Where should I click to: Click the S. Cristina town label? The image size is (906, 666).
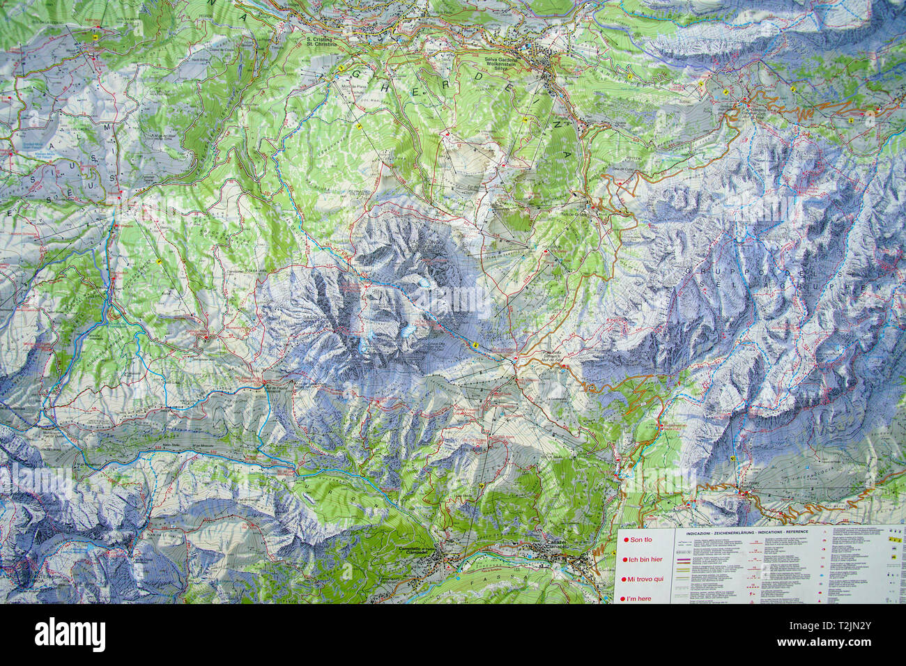point(321,41)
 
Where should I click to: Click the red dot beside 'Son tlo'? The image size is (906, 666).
point(626,540)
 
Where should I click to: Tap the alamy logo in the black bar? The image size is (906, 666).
point(70,635)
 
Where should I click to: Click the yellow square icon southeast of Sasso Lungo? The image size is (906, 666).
point(475,344)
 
